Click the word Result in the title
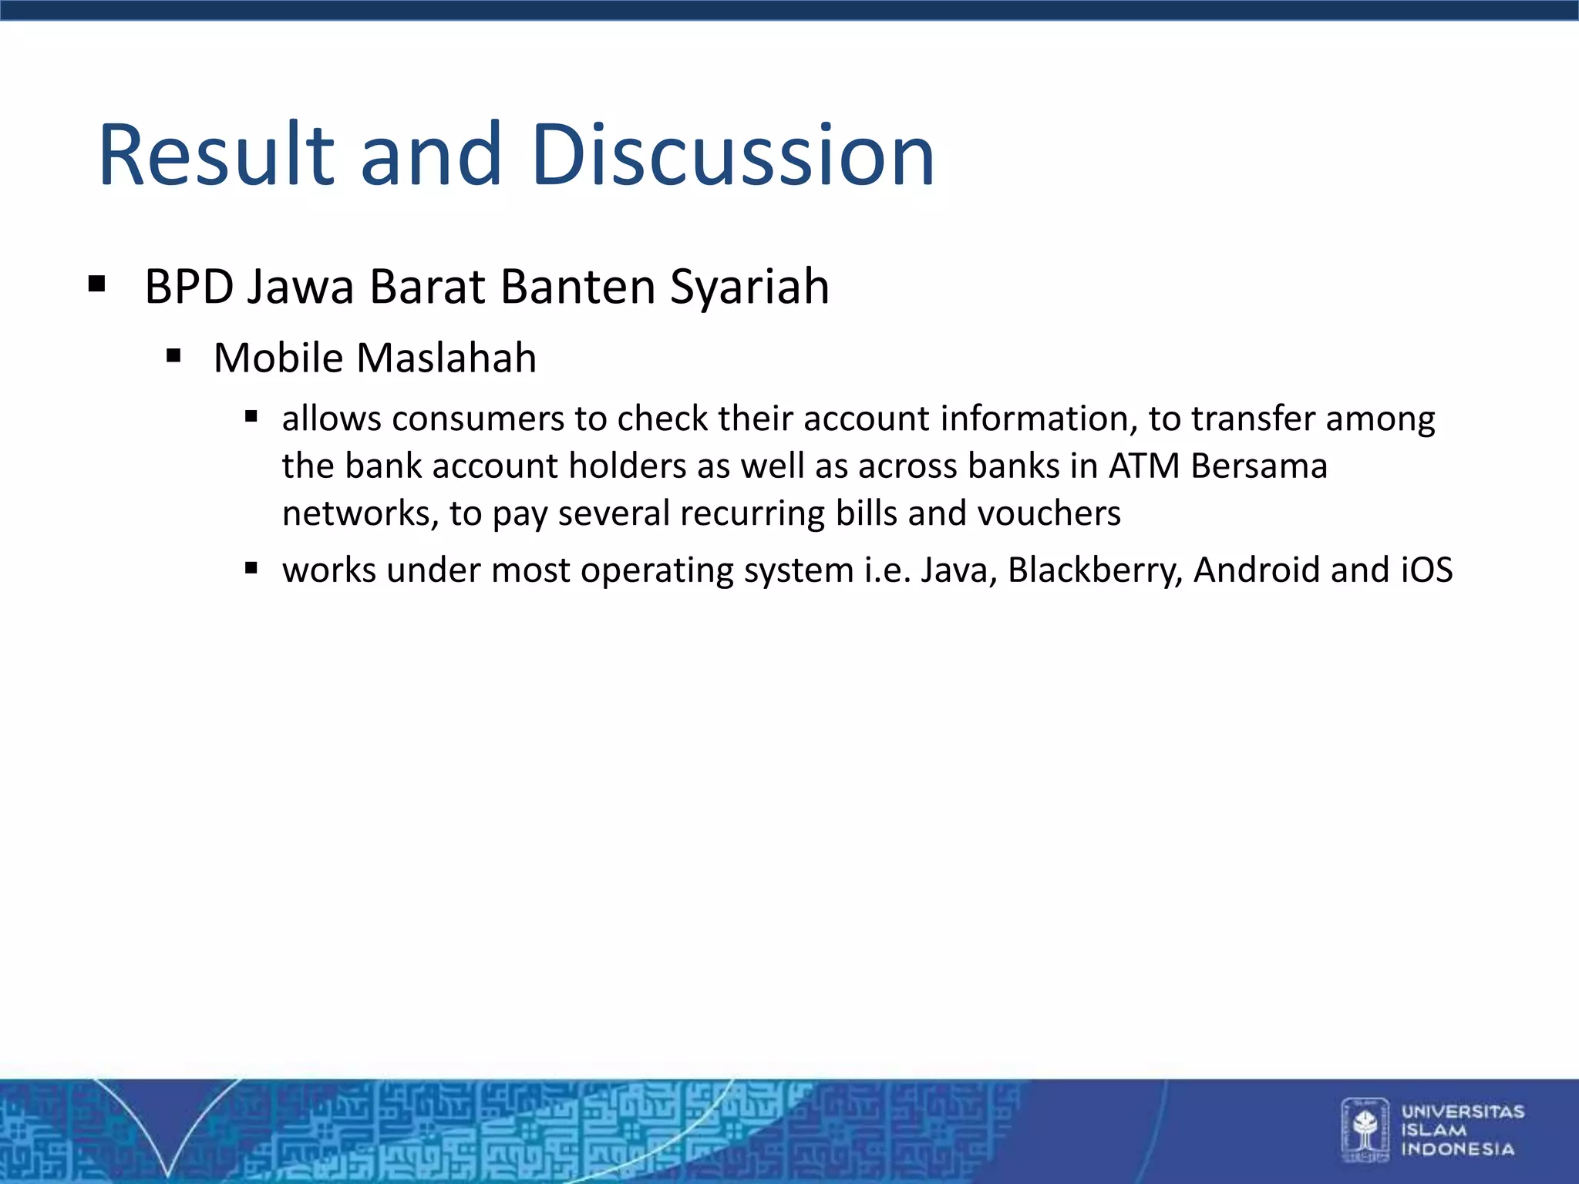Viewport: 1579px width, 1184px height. pyautogui.click(x=217, y=156)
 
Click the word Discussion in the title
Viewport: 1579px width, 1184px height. pyautogui.click(x=732, y=156)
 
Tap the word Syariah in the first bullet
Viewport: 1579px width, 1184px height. pyautogui.click(x=749, y=288)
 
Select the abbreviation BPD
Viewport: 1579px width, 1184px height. pyautogui.click(x=189, y=288)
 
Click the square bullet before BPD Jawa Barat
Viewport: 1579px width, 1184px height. pyautogui.click(x=96, y=284)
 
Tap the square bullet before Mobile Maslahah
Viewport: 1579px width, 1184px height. pyautogui.click(x=173, y=356)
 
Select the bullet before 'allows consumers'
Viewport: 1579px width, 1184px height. pyautogui.click(x=251, y=418)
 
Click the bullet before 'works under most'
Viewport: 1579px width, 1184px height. pyautogui.click(x=251, y=569)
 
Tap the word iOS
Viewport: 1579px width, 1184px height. pyautogui.click(x=1426, y=570)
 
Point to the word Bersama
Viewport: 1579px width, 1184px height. pyautogui.click(x=1258, y=466)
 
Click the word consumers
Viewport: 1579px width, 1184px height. pyautogui.click(x=478, y=419)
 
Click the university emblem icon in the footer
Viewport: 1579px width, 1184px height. pyautogui.click(x=1365, y=1130)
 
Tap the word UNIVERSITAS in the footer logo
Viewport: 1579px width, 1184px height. pyautogui.click(x=1463, y=1112)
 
